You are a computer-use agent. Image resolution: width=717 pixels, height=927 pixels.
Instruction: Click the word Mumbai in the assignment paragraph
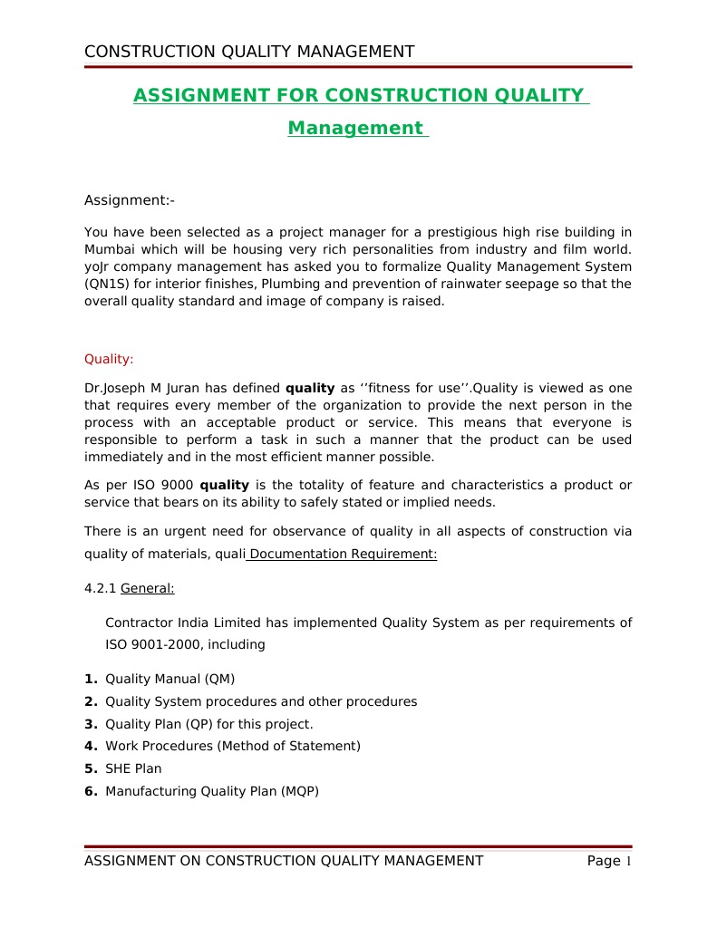pos(108,249)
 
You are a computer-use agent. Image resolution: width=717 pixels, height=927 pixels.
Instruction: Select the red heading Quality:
pos(109,359)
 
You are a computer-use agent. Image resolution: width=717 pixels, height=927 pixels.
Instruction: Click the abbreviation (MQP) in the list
pos(300,791)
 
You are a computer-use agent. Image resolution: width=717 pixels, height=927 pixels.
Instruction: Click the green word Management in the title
pos(355,129)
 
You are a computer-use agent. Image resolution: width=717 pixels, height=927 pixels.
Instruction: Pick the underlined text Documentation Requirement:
pos(343,555)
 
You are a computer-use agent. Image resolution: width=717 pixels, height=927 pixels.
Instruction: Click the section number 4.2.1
pos(100,588)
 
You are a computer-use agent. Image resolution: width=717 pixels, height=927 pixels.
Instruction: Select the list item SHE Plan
pos(133,768)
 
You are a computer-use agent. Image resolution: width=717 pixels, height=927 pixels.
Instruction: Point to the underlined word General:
pos(147,588)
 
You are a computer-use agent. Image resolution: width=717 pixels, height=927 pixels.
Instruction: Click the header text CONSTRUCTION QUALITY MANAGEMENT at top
pos(249,52)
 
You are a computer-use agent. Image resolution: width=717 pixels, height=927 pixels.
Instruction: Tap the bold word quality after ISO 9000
pos(224,486)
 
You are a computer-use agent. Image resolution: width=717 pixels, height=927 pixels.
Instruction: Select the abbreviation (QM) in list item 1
pos(219,679)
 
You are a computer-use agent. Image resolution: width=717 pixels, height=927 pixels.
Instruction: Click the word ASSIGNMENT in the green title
pos(201,96)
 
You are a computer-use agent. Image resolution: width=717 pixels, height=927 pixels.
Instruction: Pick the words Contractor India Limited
pos(167,623)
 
